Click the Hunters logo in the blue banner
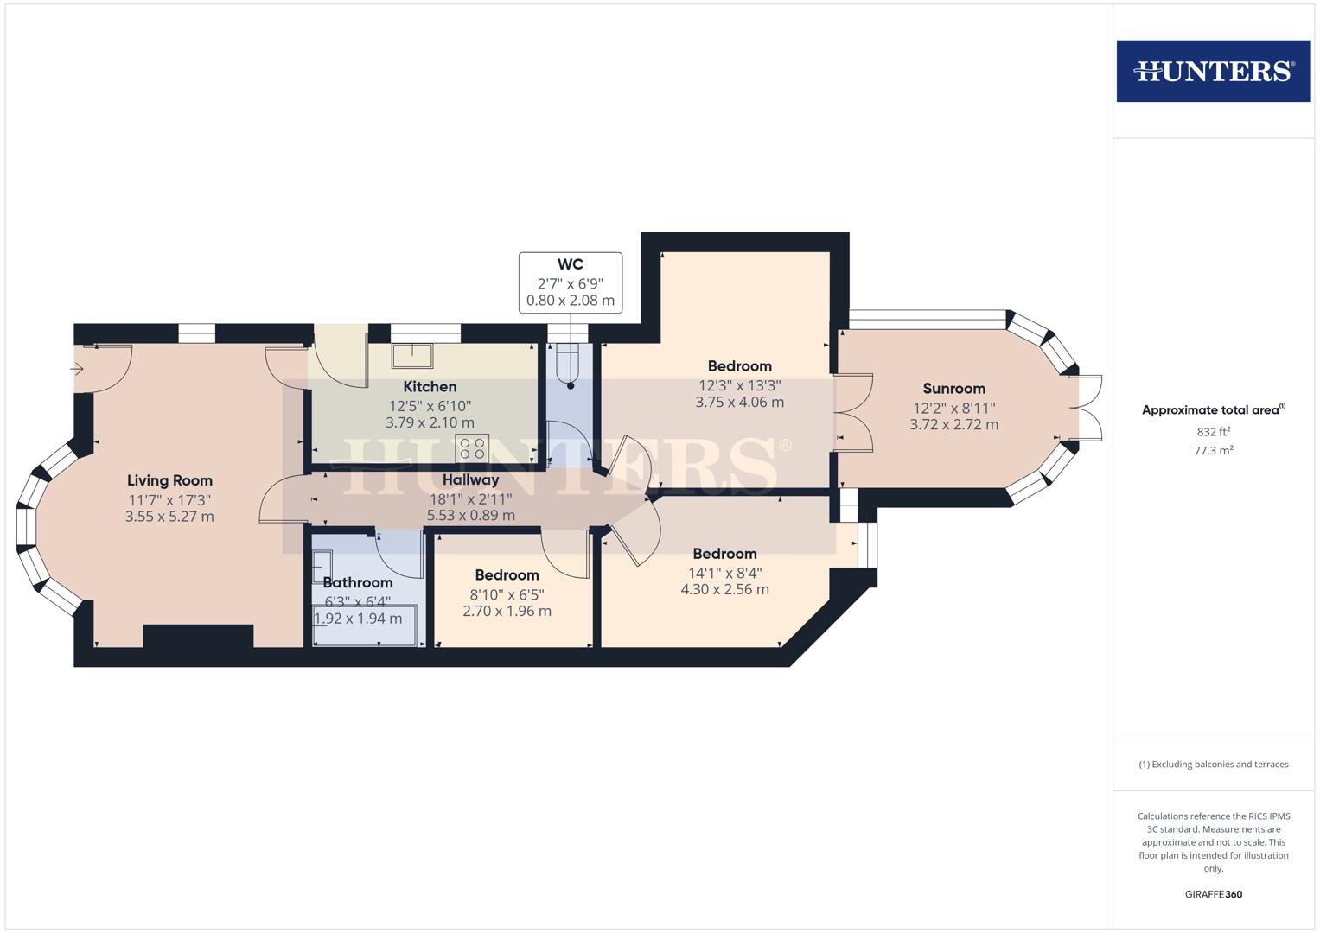(x=1213, y=71)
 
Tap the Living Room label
(x=169, y=480)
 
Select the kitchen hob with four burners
(x=472, y=448)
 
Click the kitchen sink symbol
(x=412, y=356)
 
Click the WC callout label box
(x=570, y=282)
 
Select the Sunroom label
(x=953, y=388)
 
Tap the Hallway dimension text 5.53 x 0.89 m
(x=470, y=516)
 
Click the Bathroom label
(x=357, y=582)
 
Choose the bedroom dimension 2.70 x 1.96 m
(x=507, y=611)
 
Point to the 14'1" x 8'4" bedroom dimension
(x=724, y=572)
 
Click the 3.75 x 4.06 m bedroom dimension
(x=739, y=402)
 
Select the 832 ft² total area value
(x=1213, y=432)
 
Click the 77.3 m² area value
(x=1213, y=450)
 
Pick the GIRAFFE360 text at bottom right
(x=1213, y=894)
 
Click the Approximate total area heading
(x=1213, y=410)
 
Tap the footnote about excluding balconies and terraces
(x=1213, y=765)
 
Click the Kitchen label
(x=430, y=386)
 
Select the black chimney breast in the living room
(x=198, y=637)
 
